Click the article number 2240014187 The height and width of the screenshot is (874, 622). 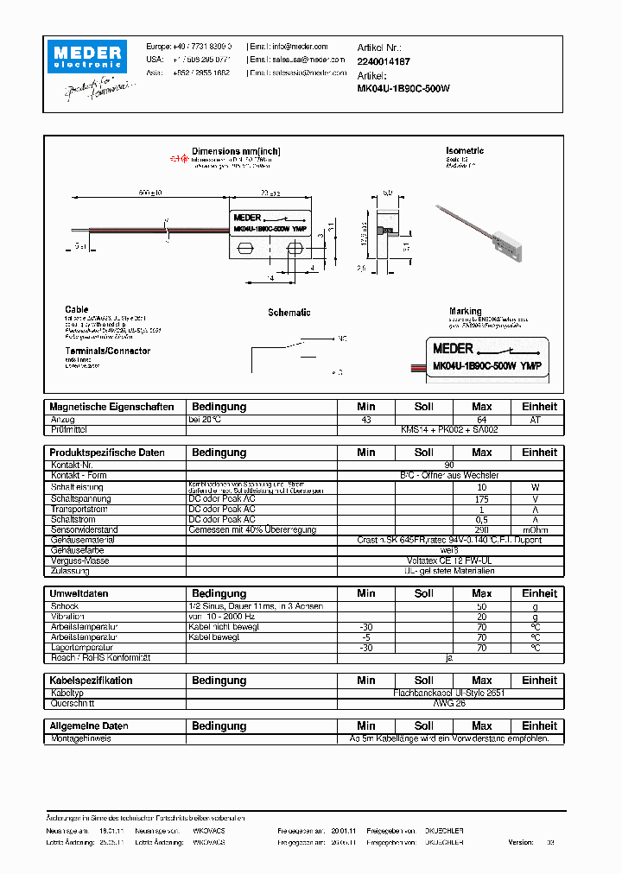384,61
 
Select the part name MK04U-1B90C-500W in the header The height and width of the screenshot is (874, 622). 403,89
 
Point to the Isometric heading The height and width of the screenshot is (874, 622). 465,151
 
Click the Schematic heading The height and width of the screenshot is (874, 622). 289,313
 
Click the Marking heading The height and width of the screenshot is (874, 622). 465,311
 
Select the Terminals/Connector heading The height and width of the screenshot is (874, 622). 107,351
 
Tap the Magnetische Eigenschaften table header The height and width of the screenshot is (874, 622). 111,407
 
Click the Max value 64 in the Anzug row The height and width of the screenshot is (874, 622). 481,419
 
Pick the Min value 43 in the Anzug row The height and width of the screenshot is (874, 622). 366,419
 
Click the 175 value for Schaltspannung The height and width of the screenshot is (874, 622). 481,498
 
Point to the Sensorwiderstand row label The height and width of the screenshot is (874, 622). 84,529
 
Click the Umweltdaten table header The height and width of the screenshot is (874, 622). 79,593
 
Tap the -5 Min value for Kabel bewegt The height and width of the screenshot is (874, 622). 366,636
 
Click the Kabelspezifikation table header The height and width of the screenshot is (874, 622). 92,681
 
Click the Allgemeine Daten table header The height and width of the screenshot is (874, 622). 89,726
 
